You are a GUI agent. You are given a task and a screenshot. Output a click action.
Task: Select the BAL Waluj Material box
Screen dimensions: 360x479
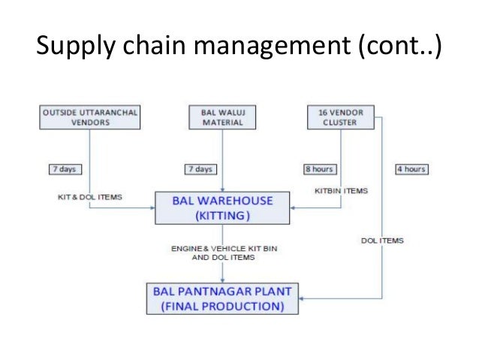pyautogui.click(x=222, y=118)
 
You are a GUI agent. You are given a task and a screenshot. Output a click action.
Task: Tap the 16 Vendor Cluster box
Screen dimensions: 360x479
pyautogui.click(x=340, y=118)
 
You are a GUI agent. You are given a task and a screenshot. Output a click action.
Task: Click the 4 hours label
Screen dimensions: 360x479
pyautogui.click(x=411, y=169)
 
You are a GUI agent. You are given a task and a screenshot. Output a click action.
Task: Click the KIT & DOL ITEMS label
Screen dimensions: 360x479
pyautogui.click(x=91, y=197)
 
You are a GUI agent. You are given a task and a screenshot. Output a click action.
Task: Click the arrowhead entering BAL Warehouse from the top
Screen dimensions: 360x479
pyautogui.click(x=223, y=189)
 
